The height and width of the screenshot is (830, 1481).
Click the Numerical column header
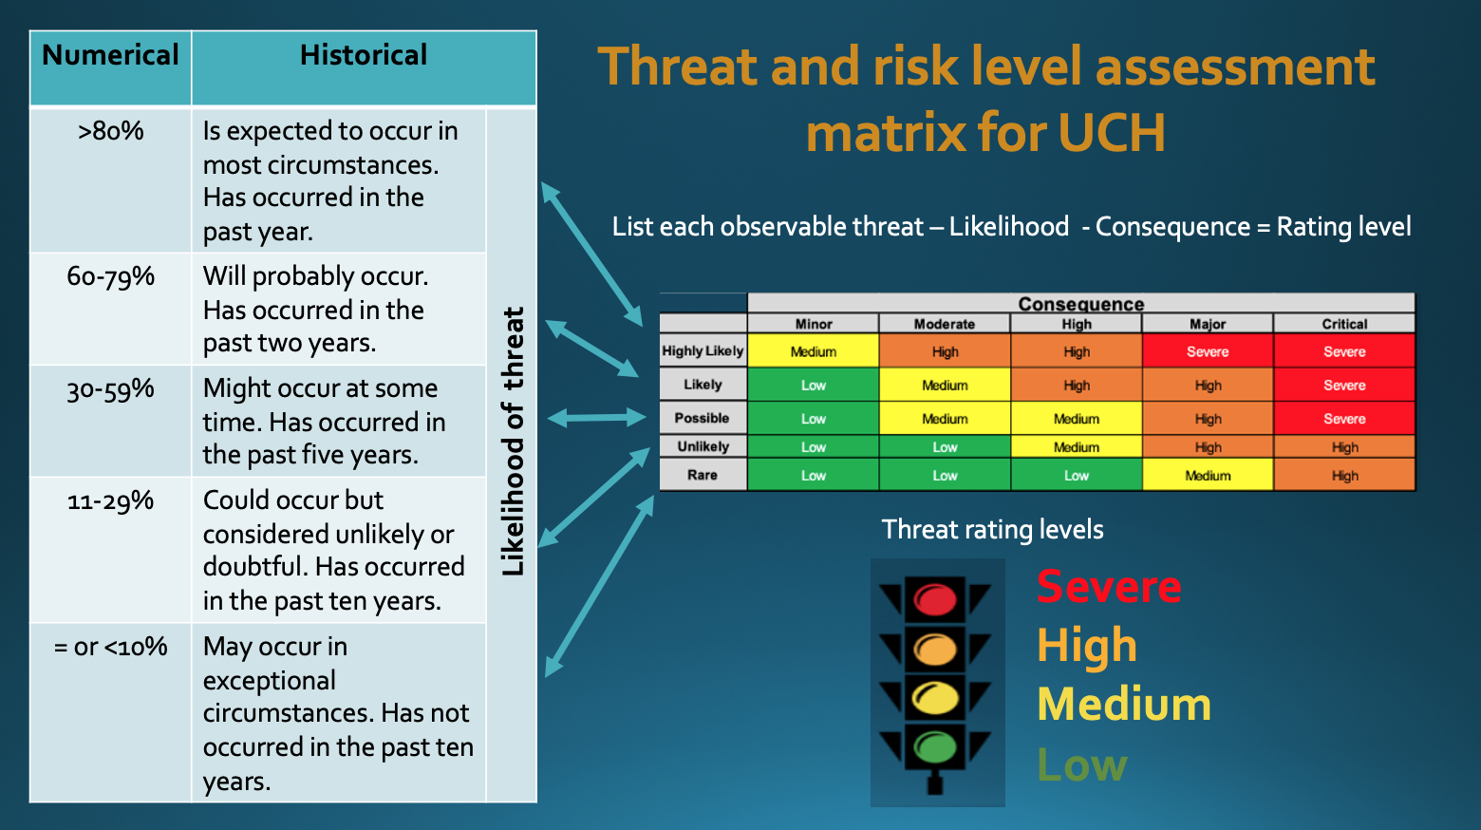click(x=110, y=55)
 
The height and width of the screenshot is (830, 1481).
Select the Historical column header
click(x=364, y=55)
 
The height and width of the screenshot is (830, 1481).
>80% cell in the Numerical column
click(x=110, y=131)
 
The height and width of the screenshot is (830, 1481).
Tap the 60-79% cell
click(x=110, y=276)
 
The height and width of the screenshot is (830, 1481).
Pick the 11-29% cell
click(x=110, y=500)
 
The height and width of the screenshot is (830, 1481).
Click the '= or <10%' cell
click(x=110, y=646)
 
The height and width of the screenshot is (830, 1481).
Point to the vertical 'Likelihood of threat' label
click(x=513, y=442)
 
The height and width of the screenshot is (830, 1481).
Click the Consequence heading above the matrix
click(x=1081, y=304)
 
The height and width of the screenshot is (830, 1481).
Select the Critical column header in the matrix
click(x=1344, y=324)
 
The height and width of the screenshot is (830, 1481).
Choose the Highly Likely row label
click(x=703, y=350)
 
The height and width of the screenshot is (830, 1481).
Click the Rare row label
click(x=703, y=475)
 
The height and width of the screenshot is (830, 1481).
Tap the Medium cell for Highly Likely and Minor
click(x=814, y=351)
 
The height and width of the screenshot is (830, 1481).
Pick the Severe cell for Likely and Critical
click(x=1344, y=385)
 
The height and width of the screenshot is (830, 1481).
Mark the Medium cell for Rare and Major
click(x=1208, y=475)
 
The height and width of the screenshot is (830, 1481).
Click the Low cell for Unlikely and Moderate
click(x=945, y=446)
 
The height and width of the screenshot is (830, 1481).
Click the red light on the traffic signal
click(x=935, y=599)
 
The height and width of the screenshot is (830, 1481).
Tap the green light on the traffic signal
click(x=935, y=747)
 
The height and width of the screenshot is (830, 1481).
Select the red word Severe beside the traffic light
click(x=1109, y=587)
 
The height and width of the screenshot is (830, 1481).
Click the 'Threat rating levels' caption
click(x=992, y=530)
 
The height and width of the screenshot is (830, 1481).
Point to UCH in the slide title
click(x=1112, y=133)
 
